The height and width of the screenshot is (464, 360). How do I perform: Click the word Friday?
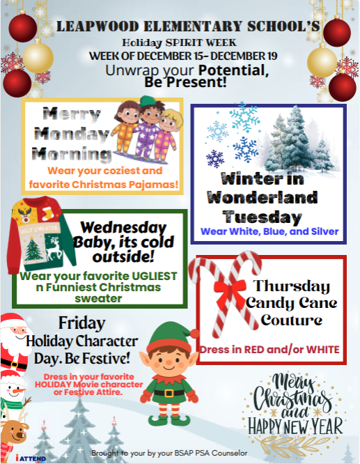coord(81,323)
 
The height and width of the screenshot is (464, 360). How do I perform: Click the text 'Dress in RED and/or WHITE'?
coord(269,348)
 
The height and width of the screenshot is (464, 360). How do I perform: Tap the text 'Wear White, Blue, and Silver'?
coord(269,231)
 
